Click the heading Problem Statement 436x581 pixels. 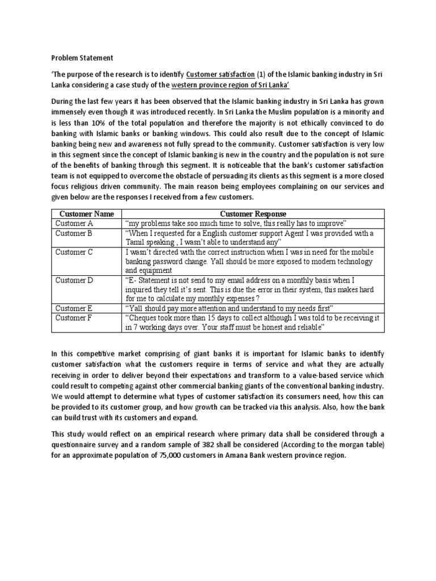(x=82, y=57)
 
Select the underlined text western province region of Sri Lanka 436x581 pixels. (x=235, y=85)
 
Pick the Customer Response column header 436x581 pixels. (x=253, y=214)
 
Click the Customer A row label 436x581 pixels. (x=74, y=224)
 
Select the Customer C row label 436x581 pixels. (x=74, y=251)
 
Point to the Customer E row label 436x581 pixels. (x=74, y=308)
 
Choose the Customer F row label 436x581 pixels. (x=74, y=317)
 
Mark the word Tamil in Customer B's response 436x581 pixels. (x=136, y=242)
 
